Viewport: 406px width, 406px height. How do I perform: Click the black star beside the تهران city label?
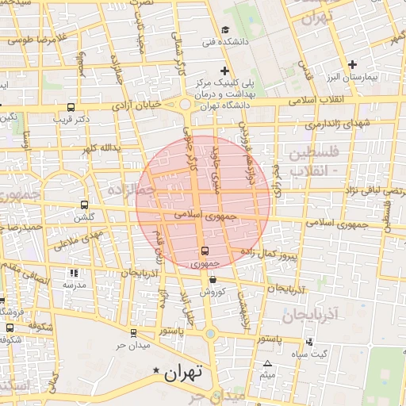point(157,371)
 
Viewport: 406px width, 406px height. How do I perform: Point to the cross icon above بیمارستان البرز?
point(353,64)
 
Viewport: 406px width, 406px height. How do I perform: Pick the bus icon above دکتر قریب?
point(71,107)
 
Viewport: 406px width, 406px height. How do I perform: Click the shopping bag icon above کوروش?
point(213,279)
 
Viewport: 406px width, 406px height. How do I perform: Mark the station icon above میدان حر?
point(133,333)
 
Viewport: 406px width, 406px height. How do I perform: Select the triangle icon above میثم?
point(267,363)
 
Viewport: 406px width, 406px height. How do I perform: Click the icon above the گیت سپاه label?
point(308,342)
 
